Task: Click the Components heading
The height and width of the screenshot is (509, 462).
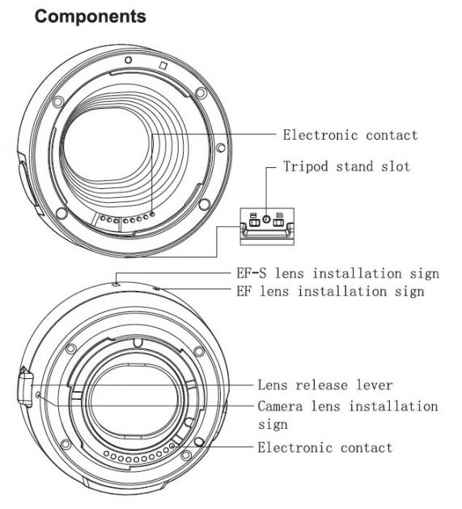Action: (x=91, y=16)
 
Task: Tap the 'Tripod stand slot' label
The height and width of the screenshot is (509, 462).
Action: (x=346, y=166)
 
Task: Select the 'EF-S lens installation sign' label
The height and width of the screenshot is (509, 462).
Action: (x=338, y=273)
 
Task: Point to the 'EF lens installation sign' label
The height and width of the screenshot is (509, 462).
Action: (x=330, y=291)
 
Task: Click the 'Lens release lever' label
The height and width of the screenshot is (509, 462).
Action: (x=325, y=385)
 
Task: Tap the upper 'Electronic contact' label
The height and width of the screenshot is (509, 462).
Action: (x=350, y=135)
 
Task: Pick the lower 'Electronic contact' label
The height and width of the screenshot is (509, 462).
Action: (x=325, y=448)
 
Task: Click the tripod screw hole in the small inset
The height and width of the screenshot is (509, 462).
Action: (x=266, y=220)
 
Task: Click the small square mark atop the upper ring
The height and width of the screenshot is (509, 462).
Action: (x=163, y=65)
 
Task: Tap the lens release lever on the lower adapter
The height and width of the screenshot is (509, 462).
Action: (x=26, y=387)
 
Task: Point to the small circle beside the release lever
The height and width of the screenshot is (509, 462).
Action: (x=38, y=395)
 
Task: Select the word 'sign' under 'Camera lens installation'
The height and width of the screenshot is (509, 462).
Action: (x=273, y=425)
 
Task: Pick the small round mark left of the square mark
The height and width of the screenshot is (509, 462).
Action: (x=129, y=60)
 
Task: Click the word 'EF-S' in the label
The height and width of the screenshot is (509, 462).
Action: (x=252, y=273)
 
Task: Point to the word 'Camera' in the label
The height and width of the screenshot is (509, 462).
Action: (x=280, y=406)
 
